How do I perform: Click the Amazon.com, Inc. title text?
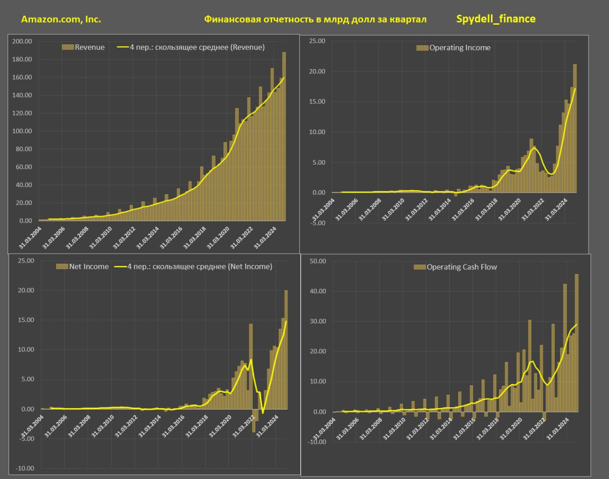(61, 20)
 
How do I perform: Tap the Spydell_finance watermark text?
(496, 19)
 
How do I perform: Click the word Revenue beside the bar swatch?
(90, 47)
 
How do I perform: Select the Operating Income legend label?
(460, 48)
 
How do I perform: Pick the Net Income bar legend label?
(89, 266)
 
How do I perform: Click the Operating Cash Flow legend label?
(462, 267)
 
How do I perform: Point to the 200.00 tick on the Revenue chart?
(22, 41)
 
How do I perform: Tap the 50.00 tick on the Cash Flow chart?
(317, 261)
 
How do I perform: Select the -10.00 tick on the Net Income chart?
(25, 469)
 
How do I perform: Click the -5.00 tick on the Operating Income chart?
(316, 223)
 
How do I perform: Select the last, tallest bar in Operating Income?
(575, 128)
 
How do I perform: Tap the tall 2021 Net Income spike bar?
(251, 366)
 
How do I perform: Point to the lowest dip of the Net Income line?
(263, 413)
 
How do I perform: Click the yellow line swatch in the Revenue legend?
(123, 47)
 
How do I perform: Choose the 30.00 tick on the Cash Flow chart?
(317, 322)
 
